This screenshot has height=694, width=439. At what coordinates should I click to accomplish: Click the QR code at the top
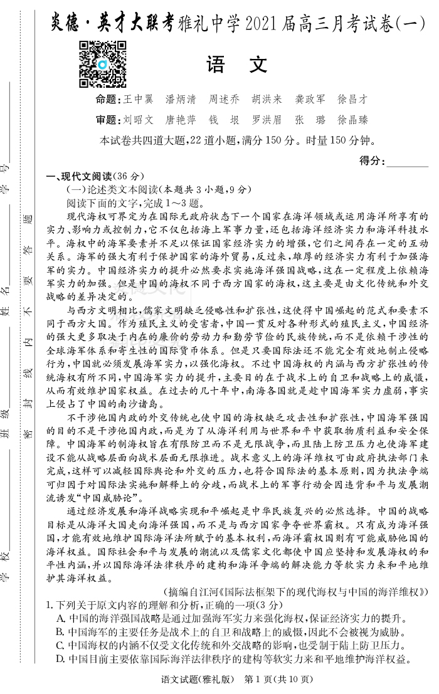pyautogui.click(x=102, y=64)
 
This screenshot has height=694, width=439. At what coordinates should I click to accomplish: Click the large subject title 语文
pyautogui.click(x=236, y=64)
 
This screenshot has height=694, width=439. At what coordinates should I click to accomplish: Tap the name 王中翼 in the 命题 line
pyautogui.click(x=138, y=100)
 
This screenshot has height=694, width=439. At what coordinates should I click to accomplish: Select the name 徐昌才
pyautogui.click(x=352, y=100)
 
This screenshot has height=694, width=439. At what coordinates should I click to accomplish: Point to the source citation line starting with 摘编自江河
pyautogui.click(x=295, y=591)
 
